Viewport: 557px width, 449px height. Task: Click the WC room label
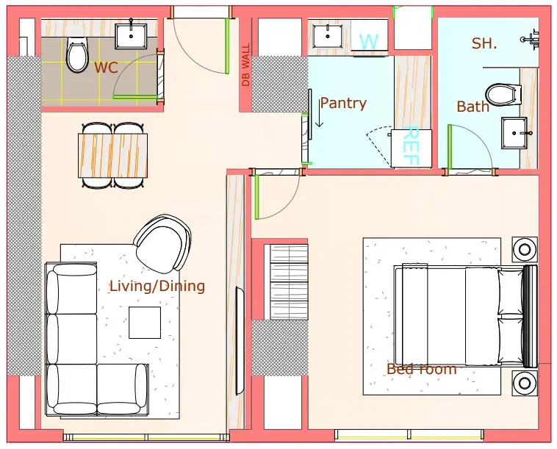106,68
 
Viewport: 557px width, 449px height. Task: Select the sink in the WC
131,35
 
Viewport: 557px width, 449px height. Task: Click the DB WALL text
246,65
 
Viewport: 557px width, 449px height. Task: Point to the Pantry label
343,104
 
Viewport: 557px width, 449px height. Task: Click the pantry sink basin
328,36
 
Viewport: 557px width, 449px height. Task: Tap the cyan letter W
369,41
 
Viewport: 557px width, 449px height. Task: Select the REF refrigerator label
411,146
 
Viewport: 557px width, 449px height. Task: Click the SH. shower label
484,43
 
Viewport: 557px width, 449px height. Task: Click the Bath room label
472,107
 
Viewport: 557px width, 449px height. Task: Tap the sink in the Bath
514,133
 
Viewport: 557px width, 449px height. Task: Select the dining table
113,155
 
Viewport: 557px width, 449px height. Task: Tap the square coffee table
145,323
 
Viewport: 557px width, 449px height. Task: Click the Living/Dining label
157,286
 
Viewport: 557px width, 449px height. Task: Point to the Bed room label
422,369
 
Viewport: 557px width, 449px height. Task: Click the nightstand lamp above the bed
525,249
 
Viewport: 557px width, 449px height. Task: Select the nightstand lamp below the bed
525,383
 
